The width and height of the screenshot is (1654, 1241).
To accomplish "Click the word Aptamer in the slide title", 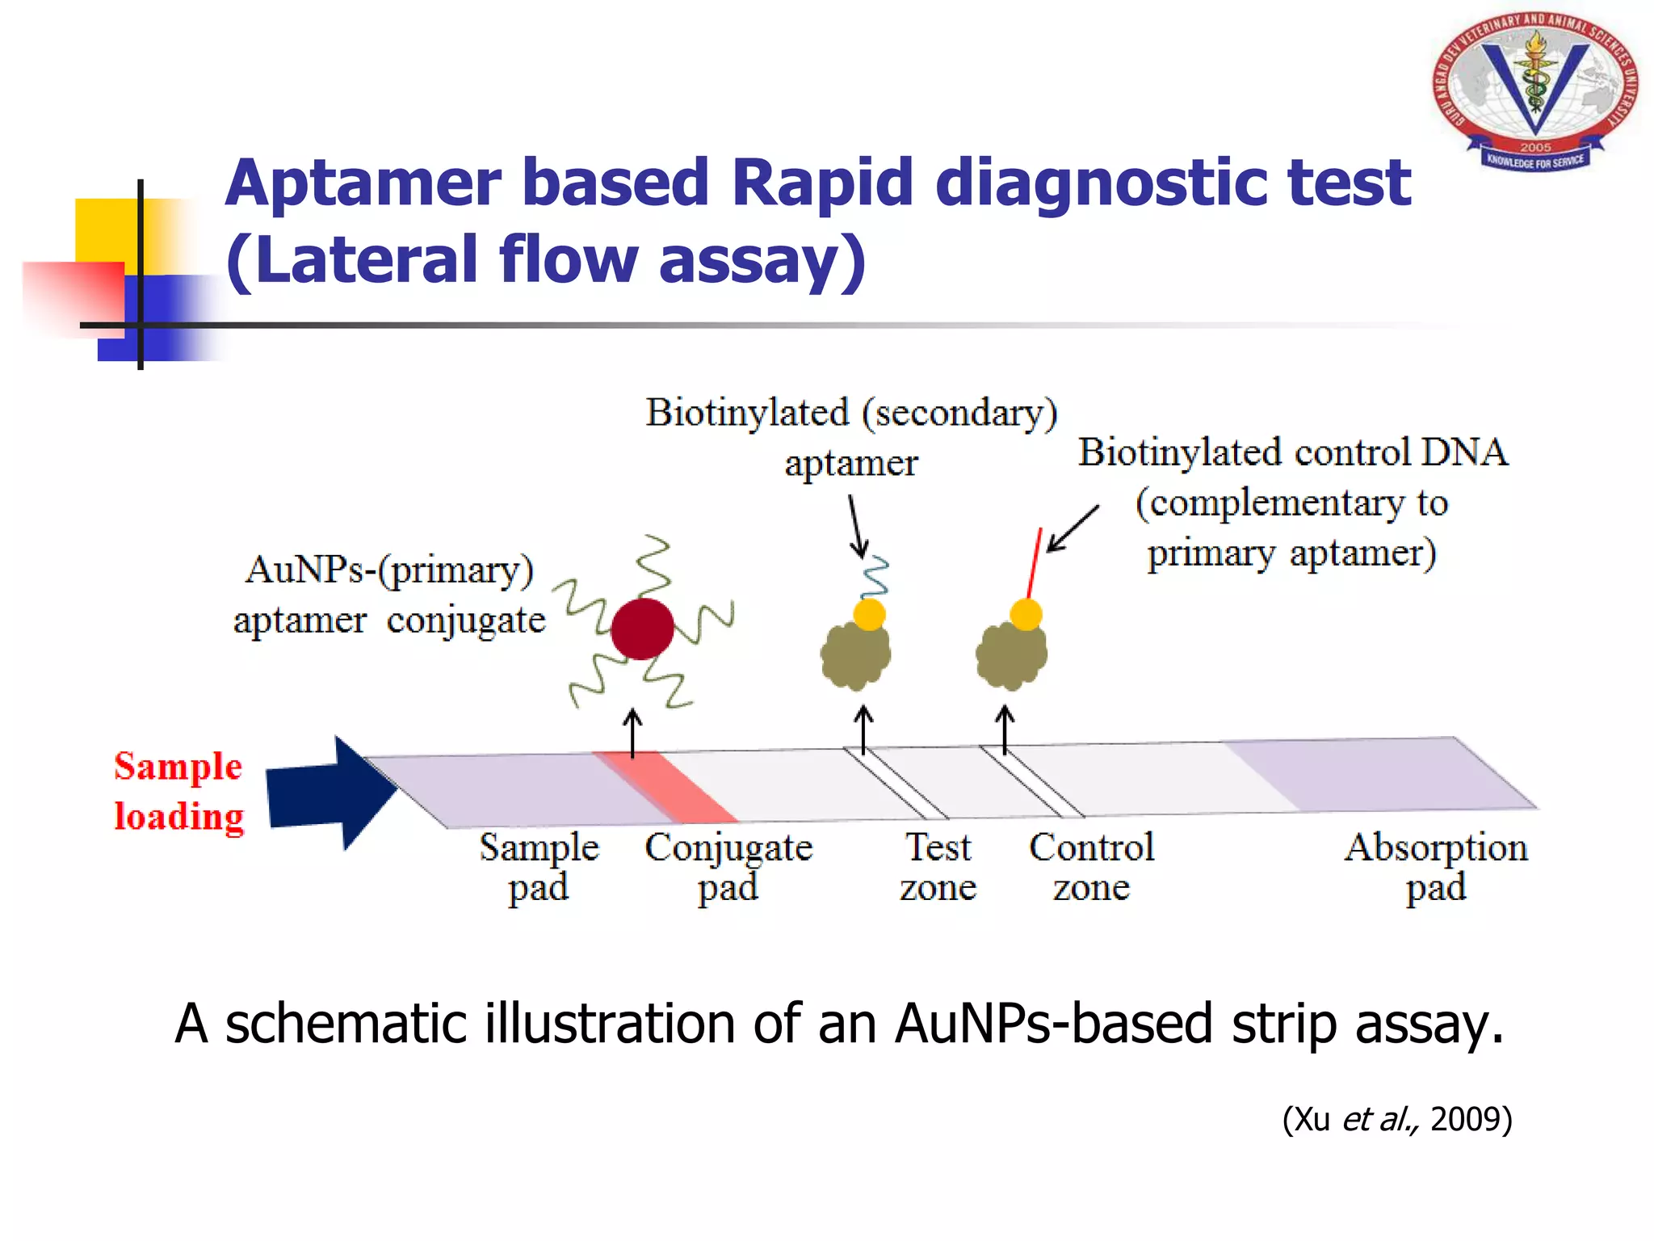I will click(363, 183).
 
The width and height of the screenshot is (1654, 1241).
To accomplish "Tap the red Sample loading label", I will click(178, 791).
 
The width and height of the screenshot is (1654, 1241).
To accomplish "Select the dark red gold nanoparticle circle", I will click(642, 629).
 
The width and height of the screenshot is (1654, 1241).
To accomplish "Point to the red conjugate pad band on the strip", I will click(664, 787).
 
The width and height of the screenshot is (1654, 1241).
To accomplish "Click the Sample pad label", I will click(539, 866).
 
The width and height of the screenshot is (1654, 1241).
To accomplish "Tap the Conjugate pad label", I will click(728, 866).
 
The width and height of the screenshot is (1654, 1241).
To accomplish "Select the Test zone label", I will click(938, 866).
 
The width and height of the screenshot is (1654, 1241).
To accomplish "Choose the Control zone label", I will click(1091, 866).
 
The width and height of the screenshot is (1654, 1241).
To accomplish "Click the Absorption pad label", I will click(1435, 866).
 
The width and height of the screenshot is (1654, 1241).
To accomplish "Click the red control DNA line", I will click(1035, 562).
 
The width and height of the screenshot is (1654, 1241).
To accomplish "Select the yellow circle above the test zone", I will click(869, 614).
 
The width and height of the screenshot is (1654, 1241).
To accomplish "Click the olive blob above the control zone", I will click(1011, 654).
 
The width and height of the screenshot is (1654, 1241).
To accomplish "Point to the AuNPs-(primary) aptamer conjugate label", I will click(389, 595).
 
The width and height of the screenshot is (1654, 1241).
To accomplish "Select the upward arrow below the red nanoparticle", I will click(633, 732).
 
